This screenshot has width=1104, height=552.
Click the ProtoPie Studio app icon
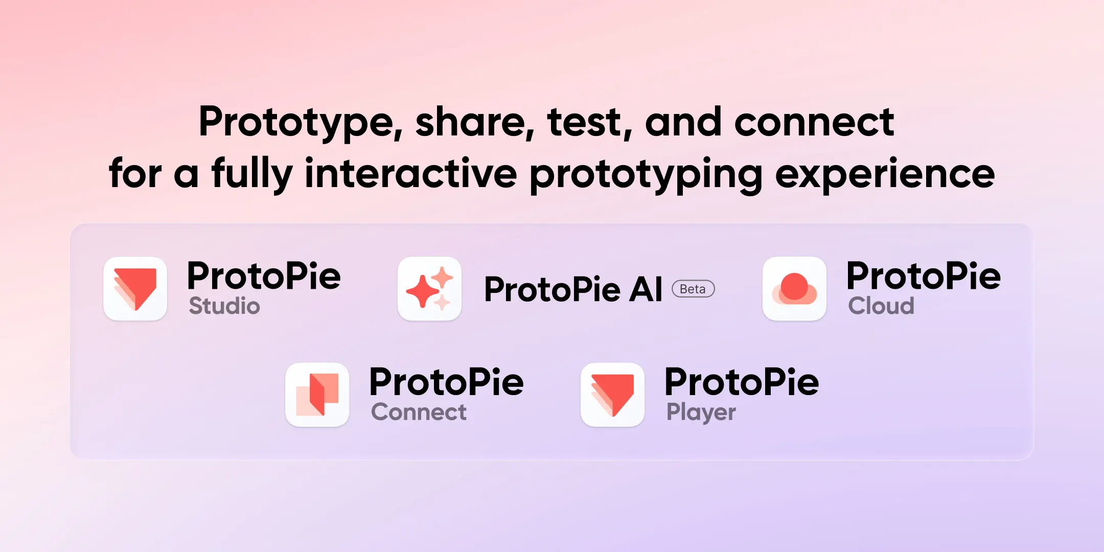click(135, 289)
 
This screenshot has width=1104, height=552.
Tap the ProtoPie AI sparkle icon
click(429, 289)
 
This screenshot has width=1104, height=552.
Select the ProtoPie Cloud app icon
click(794, 289)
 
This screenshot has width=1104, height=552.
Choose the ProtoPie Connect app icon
click(317, 395)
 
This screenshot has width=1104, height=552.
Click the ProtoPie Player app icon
click(612, 395)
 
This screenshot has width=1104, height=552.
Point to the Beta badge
click(693, 289)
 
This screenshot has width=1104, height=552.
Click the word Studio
click(224, 306)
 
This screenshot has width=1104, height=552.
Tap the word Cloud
click(881, 306)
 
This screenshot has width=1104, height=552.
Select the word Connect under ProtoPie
click(419, 412)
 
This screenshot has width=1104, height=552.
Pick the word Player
click(701, 412)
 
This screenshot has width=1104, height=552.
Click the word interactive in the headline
click(410, 174)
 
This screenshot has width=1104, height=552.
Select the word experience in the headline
click(885, 174)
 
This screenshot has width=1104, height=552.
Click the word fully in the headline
click(252, 174)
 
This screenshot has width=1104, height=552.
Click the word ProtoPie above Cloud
click(924, 276)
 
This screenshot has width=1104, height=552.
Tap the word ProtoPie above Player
click(742, 382)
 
